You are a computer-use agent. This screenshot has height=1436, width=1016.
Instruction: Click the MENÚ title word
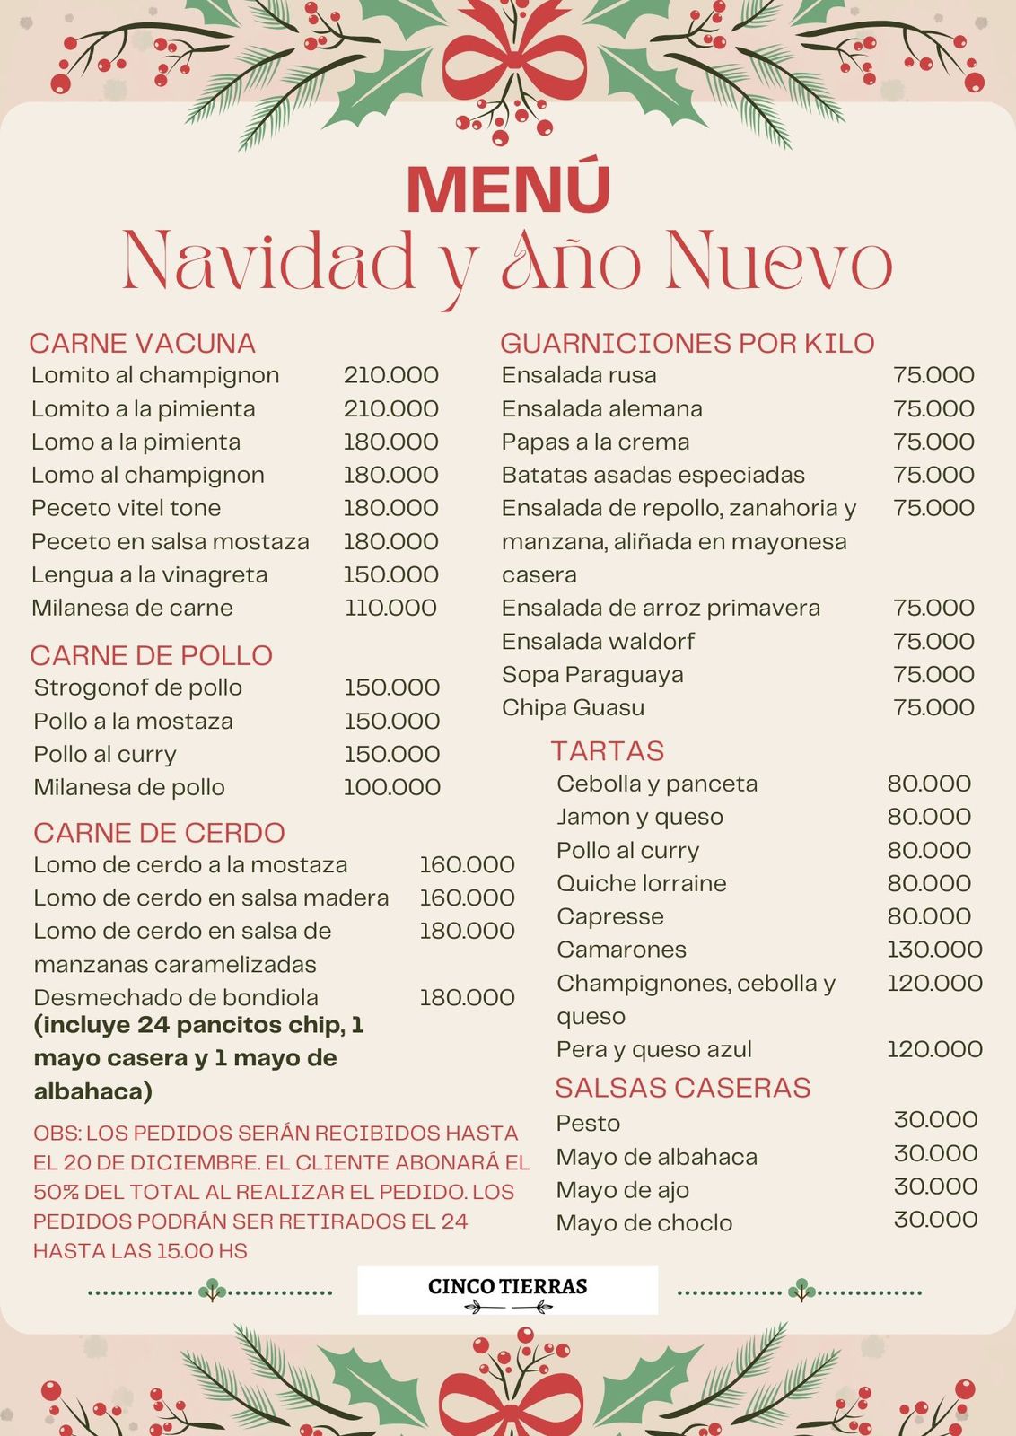point(508,188)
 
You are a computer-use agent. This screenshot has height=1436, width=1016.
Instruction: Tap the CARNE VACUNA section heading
point(142,343)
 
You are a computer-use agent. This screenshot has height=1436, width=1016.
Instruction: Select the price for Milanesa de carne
point(390,608)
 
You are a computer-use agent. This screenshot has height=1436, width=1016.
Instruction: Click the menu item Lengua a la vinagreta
point(149,574)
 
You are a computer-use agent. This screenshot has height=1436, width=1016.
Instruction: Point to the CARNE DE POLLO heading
point(151,655)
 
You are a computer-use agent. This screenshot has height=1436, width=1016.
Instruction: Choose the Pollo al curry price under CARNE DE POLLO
point(391,754)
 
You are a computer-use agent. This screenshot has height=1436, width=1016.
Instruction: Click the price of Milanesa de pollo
point(391,787)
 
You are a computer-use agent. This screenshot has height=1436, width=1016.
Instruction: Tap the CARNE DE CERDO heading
point(159,833)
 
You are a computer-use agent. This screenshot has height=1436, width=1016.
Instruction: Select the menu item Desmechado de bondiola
point(176,997)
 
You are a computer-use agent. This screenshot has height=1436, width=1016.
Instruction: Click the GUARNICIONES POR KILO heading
point(687,343)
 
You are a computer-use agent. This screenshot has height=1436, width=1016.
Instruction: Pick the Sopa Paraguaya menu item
point(592,674)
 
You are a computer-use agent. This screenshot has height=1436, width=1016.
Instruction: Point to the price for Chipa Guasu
point(933,707)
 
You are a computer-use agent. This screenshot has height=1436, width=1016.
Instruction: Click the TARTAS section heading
point(608,750)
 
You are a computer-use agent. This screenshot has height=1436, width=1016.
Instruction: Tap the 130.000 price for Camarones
point(934,949)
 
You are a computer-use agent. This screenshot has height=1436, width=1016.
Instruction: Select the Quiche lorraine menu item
point(641,883)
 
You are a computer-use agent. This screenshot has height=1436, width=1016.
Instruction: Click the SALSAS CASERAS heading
point(682,1088)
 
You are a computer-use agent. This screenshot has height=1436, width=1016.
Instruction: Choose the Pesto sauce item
point(588,1123)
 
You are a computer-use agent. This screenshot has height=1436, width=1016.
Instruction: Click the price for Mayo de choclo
point(935,1220)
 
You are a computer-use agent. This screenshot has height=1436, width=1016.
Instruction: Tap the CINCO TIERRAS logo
point(507,1290)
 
